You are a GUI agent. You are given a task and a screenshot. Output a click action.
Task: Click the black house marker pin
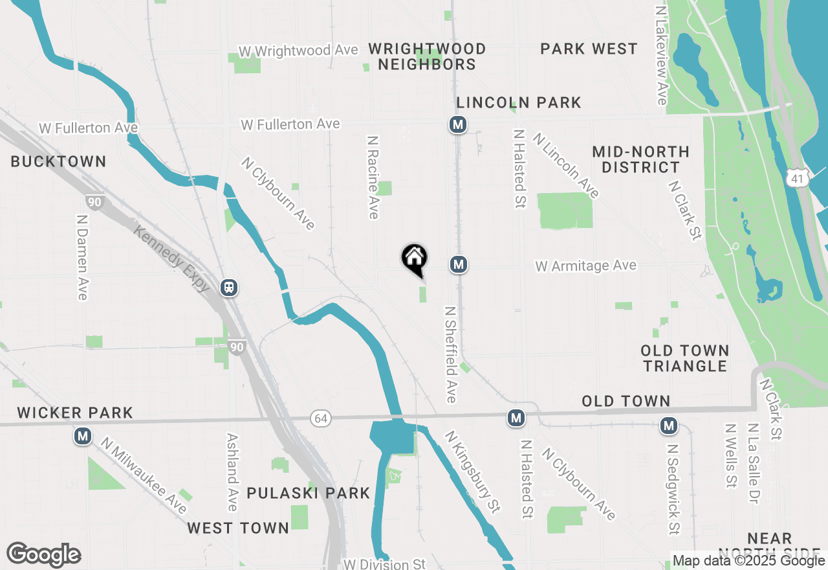point(415,258)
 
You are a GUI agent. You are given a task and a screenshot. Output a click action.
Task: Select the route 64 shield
point(321,418)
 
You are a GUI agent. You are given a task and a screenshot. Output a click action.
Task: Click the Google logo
point(43,555)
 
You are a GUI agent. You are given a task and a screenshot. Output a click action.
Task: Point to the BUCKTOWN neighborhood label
point(58,161)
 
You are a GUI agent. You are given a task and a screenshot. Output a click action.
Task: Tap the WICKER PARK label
point(75,413)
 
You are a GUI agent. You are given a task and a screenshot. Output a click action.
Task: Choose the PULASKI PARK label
point(309,494)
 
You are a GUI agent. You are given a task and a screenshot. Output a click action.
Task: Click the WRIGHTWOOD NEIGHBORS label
point(427,57)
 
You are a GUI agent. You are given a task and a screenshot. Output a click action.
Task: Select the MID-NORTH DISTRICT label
point(640,159)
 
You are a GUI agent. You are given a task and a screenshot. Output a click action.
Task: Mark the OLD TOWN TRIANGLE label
point(685,358)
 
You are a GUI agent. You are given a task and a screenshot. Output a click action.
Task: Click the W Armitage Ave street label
point(585,266)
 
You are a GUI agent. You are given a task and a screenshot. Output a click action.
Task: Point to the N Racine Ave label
point(373,177)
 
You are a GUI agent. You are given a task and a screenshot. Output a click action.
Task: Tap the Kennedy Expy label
point(171,257)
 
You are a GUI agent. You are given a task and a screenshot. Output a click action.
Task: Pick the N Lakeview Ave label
point(661,56)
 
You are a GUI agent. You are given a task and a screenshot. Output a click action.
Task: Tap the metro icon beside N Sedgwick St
point(669,426)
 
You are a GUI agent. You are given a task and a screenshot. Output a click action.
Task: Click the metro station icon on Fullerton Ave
point(458,124)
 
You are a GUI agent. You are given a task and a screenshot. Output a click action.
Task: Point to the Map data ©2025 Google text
point(748,561)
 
